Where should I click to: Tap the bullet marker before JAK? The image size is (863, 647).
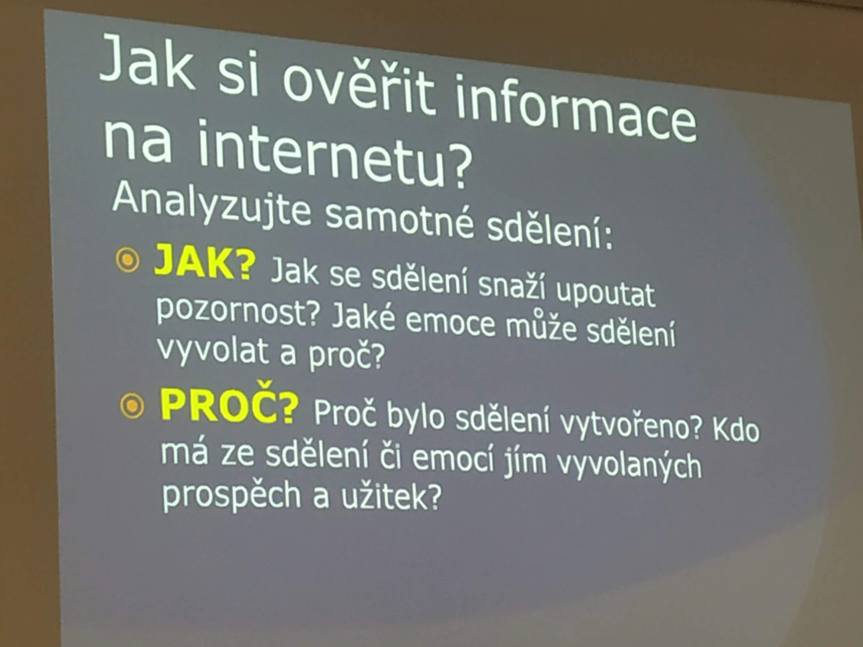(x=128, y=260)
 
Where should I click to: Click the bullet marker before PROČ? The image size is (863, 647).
(x=132, y=405)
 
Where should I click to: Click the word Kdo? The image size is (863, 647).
(x=735, y=430)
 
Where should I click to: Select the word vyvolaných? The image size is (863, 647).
(x=629, y=467)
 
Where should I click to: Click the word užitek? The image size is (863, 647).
(x=390, y=497)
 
